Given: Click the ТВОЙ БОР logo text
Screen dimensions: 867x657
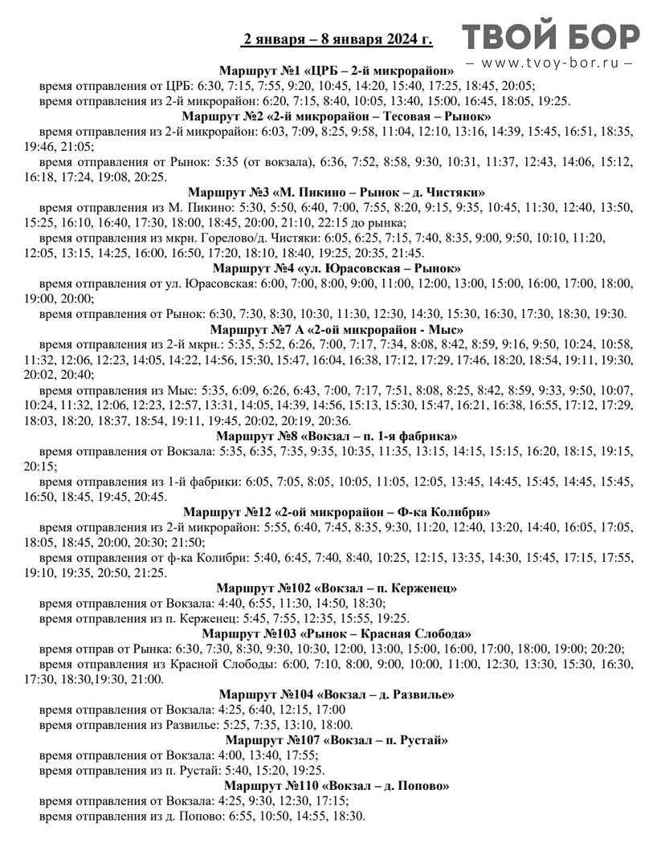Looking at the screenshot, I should pos(551,37).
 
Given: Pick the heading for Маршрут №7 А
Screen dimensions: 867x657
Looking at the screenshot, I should pos(337,329).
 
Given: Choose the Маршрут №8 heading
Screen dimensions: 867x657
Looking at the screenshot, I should pos(337,436).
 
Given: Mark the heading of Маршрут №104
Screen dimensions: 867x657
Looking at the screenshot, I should pos(337,694).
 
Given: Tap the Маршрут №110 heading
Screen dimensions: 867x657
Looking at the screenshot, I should pos(337,785).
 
